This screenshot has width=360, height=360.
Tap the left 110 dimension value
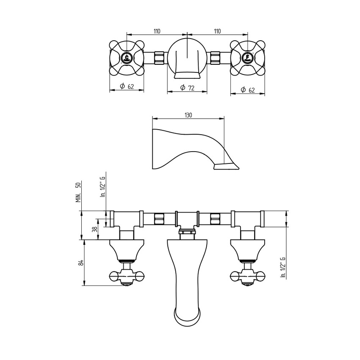tap(157, 31)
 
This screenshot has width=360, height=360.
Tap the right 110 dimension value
tap(217, 31)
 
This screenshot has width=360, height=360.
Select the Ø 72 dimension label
tap(187, 88)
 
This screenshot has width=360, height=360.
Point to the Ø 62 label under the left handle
tap(127, 86)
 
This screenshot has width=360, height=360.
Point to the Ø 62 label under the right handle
tap(248, 89)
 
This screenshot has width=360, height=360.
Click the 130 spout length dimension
tap(188, 115)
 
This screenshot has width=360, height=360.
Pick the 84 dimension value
tap(80, 263)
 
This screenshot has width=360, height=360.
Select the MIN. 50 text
tap(78, 192)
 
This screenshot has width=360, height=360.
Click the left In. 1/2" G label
tap(102, 187)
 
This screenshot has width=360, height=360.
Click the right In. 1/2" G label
tap(283, 267)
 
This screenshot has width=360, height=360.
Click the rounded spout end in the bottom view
tap(187, 318)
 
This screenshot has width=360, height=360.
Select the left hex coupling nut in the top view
tap(159, 58)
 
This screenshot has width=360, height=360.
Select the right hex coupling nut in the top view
tap(215, 58)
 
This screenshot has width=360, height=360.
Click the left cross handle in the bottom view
tap(127, 276)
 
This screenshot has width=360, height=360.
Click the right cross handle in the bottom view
tap(247, 276)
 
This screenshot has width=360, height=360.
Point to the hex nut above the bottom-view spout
tap(187, 231)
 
